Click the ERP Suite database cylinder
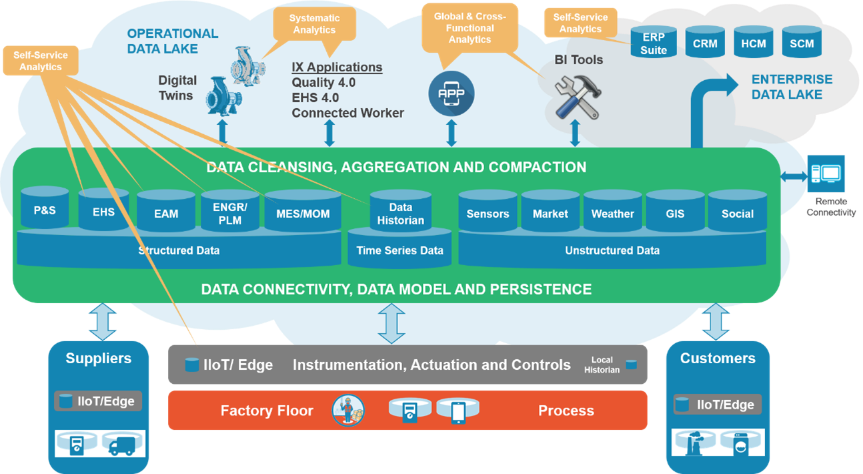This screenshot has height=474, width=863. [653, 43]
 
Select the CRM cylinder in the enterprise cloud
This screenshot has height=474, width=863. [704, 43]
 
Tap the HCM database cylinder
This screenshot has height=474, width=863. [753, 43]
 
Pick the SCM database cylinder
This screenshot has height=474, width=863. [801, 43]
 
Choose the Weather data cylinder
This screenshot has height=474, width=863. [612, 212]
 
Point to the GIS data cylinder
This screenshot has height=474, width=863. [674, 212]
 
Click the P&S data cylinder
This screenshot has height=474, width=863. [45, 208]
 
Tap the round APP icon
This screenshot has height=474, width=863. [452, 93]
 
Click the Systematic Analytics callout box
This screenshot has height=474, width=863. [314, 24]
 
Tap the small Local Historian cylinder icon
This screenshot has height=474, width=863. [630, 365]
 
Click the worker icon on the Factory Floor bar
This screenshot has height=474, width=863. [348, 410]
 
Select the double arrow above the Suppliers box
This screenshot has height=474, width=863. [103, 321]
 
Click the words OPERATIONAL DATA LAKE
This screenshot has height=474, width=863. [172, 41]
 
